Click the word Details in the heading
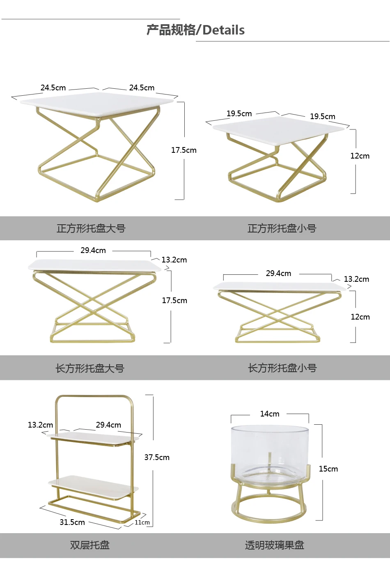[x=223, y=30]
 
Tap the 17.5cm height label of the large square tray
[x=184, y=150]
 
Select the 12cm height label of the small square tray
[x=360, y=156]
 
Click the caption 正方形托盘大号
[x=91, y=228]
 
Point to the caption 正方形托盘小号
[x=282, y=228]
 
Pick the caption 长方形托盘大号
[x=90, y=368]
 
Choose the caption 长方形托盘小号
[x=282, y=368]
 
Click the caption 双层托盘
[x=90, y=545]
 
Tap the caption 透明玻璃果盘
[x=274, y=545]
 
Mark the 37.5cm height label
[x=157, y=458]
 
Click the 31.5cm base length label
[x=72, y=522]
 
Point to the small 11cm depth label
[x=142, y=522]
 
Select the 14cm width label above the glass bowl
[x=270, y=414]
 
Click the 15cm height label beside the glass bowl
[x=328, y=469]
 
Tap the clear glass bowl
[x=270, y=454]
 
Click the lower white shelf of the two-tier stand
[x=93, y=487]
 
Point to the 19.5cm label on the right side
[x=323, y=116]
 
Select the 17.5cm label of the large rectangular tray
[x=174, y=300]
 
